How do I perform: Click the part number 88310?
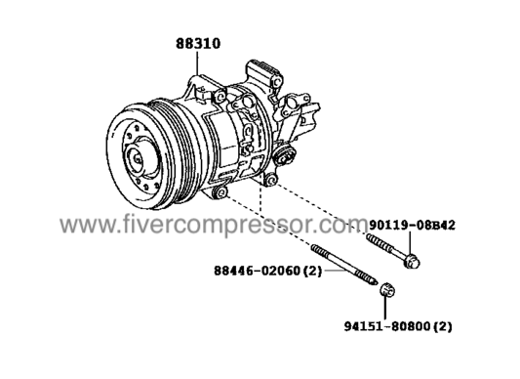[x=197, y=44]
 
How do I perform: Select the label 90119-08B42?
[x=413, y=224]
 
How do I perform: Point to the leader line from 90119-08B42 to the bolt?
[x=411, y=240]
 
